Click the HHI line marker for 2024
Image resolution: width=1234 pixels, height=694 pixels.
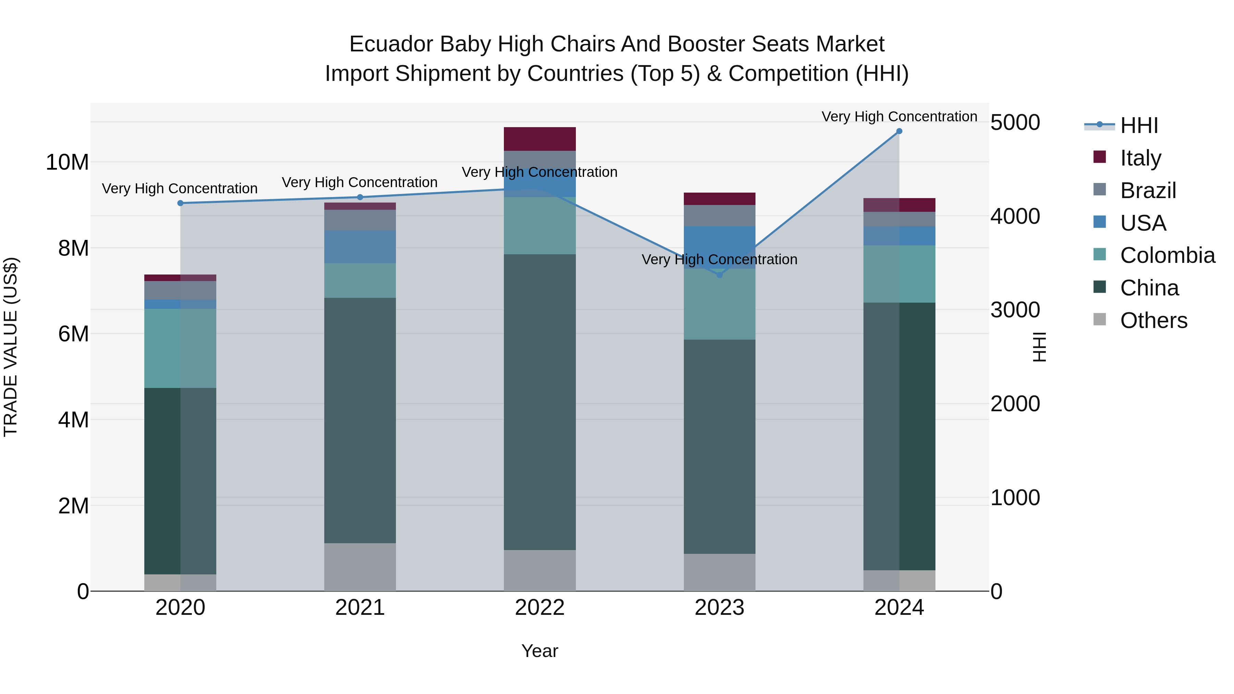click(899, 131)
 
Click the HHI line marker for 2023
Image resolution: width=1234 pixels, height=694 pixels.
click(719, 275)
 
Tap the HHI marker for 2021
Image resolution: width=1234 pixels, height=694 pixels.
click(360, 197)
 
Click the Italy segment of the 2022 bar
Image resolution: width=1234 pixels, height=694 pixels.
click(540, 139)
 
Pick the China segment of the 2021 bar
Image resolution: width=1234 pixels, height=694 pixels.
click(360, 421)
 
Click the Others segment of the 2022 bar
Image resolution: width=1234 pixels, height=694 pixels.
click(540, 570)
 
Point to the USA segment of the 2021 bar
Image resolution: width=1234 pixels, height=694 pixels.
click(360, 247)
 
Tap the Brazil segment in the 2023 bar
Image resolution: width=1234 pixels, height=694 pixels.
click(719, 216)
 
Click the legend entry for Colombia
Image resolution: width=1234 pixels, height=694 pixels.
click(1168, 255)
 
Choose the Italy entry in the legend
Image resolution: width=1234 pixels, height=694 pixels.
click(1140, 158)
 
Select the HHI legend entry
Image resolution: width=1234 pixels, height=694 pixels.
click(1139, 125)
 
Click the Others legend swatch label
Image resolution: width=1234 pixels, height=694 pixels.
click(1153, 320)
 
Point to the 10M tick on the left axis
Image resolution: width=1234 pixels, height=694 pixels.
click(67, 162)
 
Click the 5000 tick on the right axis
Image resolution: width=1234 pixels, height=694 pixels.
click(1015, 123)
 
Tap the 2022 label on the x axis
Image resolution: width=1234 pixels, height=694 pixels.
click(540, 608)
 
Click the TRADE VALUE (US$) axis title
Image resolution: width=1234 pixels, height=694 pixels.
click(11, 347)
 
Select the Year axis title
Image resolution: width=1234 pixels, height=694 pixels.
click(540, 651)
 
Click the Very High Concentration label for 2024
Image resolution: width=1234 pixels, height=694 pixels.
click(899, 117)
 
